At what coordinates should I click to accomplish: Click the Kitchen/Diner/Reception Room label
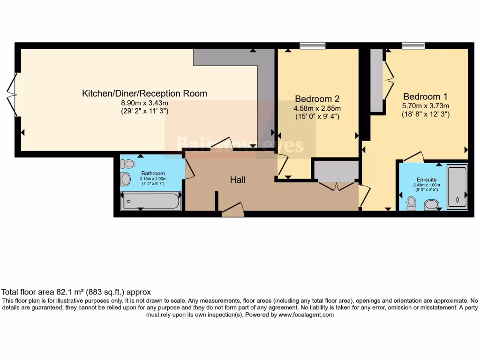click(x=144, y=93)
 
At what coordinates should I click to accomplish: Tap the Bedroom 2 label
click(x=317, y=99)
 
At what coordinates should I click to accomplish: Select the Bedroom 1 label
click(x=425, y=97)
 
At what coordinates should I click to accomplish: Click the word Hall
click(x=238, y=180)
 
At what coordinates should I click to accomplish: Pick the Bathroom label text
click(x=153, y=173)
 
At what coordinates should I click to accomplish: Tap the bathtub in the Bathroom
click(x=150, y=201)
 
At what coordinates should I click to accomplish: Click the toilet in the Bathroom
click(x=127, y=164)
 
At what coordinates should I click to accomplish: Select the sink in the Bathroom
click(x=126, y=179)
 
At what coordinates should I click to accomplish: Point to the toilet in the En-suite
click(x=412, y=202)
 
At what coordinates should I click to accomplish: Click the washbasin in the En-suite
click(x=431, y=204)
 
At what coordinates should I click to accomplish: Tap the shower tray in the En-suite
click(x=457, y=186)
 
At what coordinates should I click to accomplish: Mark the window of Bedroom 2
click(x=312, y=45)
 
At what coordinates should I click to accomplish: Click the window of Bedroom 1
click(x=413, y=45)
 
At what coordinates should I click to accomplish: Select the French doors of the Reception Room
click(x=13, y=94)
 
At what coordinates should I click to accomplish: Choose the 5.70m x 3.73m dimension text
click(x=425, y=106)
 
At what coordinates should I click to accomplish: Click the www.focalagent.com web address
click(x=307, y=315)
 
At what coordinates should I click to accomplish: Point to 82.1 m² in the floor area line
click(x=64, y=292)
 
